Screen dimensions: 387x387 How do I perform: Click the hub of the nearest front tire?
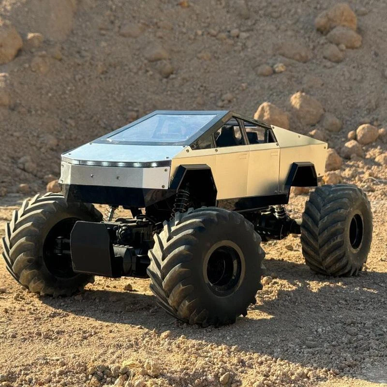point(223,268)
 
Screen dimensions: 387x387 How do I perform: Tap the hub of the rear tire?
point(356,231)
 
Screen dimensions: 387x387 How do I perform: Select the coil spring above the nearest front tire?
point(181,201)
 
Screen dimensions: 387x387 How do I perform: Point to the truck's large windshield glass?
point(162,129)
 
